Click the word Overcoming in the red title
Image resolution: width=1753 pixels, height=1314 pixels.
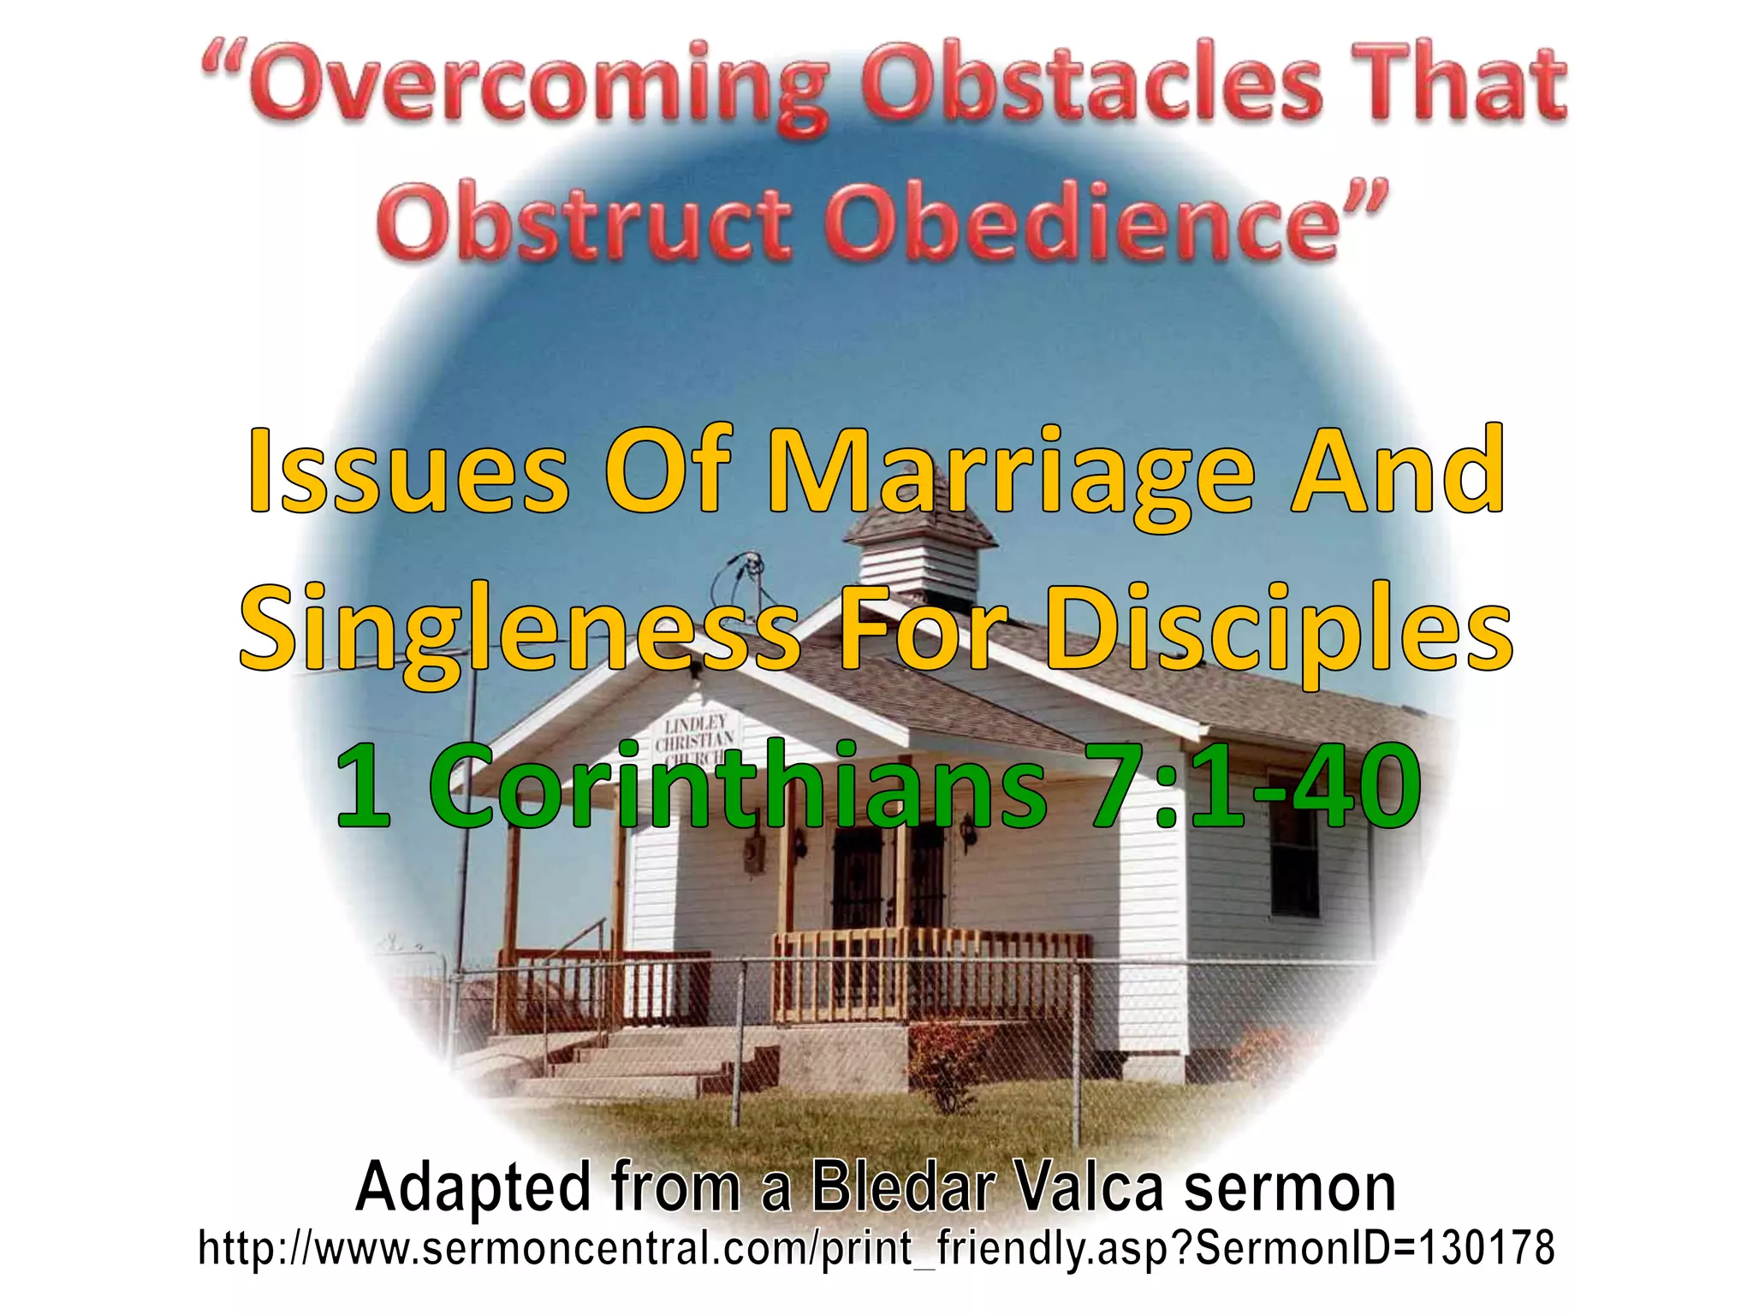[x=514, y=86]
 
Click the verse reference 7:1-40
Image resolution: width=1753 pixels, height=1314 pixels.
[x=1255, y=783]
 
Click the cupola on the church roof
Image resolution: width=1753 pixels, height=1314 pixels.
[x=920, y=556]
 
